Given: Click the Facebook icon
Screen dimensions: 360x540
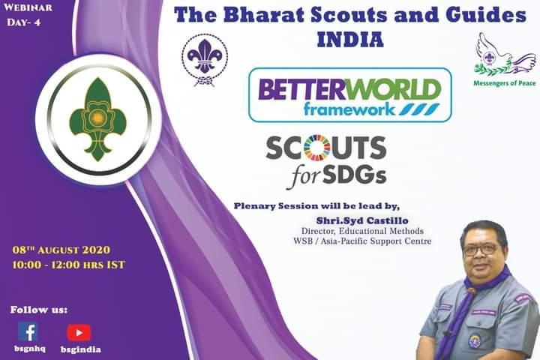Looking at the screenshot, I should point(28,331).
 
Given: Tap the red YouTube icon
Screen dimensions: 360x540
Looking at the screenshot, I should point(79,332).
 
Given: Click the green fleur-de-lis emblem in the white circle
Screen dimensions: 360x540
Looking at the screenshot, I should point(93,119).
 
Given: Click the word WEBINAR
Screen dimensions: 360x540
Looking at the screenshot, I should point(28,9).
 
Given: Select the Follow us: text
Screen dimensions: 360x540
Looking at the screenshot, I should point(38,309).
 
